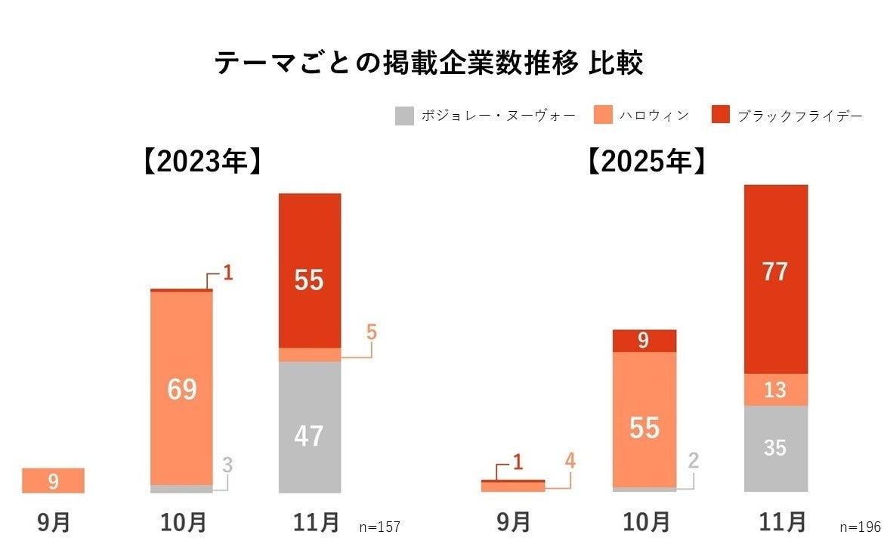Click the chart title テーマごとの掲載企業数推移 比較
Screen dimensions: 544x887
click(429, 63)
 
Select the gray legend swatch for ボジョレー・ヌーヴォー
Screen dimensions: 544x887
click(404, 116)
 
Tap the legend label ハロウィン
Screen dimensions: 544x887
click(654, 116)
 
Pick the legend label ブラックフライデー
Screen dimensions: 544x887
click(799, 116)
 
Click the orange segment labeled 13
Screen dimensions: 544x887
click(775, 390)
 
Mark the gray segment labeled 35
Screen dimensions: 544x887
click(775, 448)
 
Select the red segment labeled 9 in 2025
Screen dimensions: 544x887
click(644, 341)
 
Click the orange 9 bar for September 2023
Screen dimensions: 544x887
click(53, 481)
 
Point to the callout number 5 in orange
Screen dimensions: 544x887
click(371, 332)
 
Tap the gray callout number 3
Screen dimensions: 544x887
click(227, 465)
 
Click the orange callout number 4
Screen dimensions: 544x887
click(570, 460)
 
